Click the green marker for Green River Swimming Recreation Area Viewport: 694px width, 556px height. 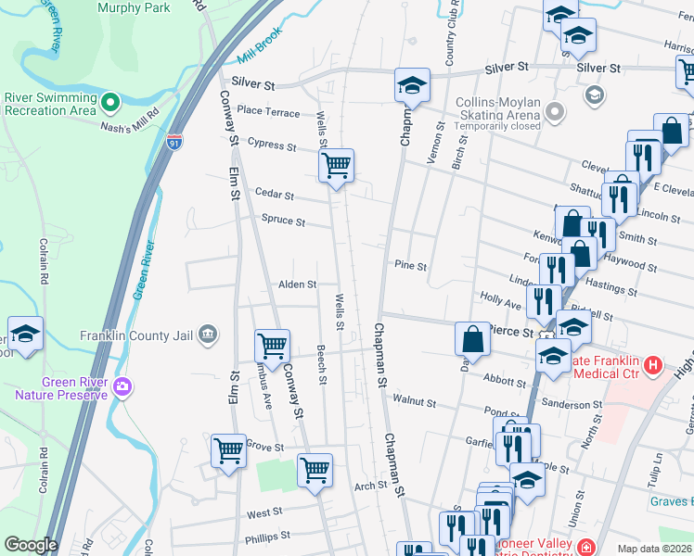pos(110,103)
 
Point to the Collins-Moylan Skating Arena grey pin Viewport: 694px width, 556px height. pos(555,113)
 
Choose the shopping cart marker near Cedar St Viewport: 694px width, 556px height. pos(336,165)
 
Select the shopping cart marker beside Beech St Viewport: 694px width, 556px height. pos(272,346)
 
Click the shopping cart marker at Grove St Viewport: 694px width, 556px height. pos(228,450)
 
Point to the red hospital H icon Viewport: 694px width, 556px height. pos(652,365)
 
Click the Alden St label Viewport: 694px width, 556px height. pos(298,284)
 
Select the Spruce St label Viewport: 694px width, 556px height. pos(282,221)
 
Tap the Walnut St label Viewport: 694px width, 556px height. pos(414,402)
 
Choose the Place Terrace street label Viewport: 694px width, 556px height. pos(268,111)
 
